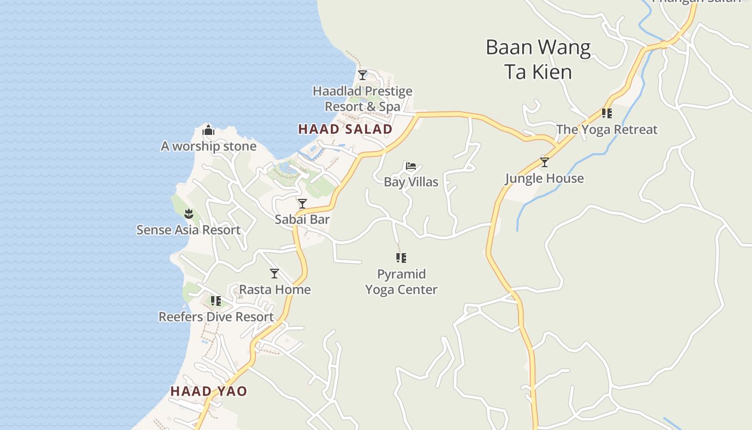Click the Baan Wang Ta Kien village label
click(x=538, y=60)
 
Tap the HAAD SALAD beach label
click(x=345, y=129)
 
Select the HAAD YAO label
click(x=208, y=391)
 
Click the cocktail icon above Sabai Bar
click(x=302, y=204)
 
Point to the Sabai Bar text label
click(x=302, y=219)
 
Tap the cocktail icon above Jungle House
click(x=545, y=162)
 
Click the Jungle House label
click(x=544, y=178)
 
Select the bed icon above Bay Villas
click(x=411, y=166)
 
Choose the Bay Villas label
click(x=411, y=182)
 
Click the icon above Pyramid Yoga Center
click(x=401, y=258)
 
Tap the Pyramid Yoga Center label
click(x=401, y=282)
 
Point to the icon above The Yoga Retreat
click(x=607, y=113)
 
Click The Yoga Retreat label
click(x=607, y=130)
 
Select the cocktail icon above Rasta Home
click(x=274, y=274)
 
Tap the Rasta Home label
click(x=274, y=289)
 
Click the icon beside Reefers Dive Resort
click(x=216, y=301)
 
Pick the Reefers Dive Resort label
click(x=216, y=317)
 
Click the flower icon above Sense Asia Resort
click(x=189, y=214)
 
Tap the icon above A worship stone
click(x=208, y=130)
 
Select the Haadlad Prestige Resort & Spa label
click(x=363, y=99)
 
